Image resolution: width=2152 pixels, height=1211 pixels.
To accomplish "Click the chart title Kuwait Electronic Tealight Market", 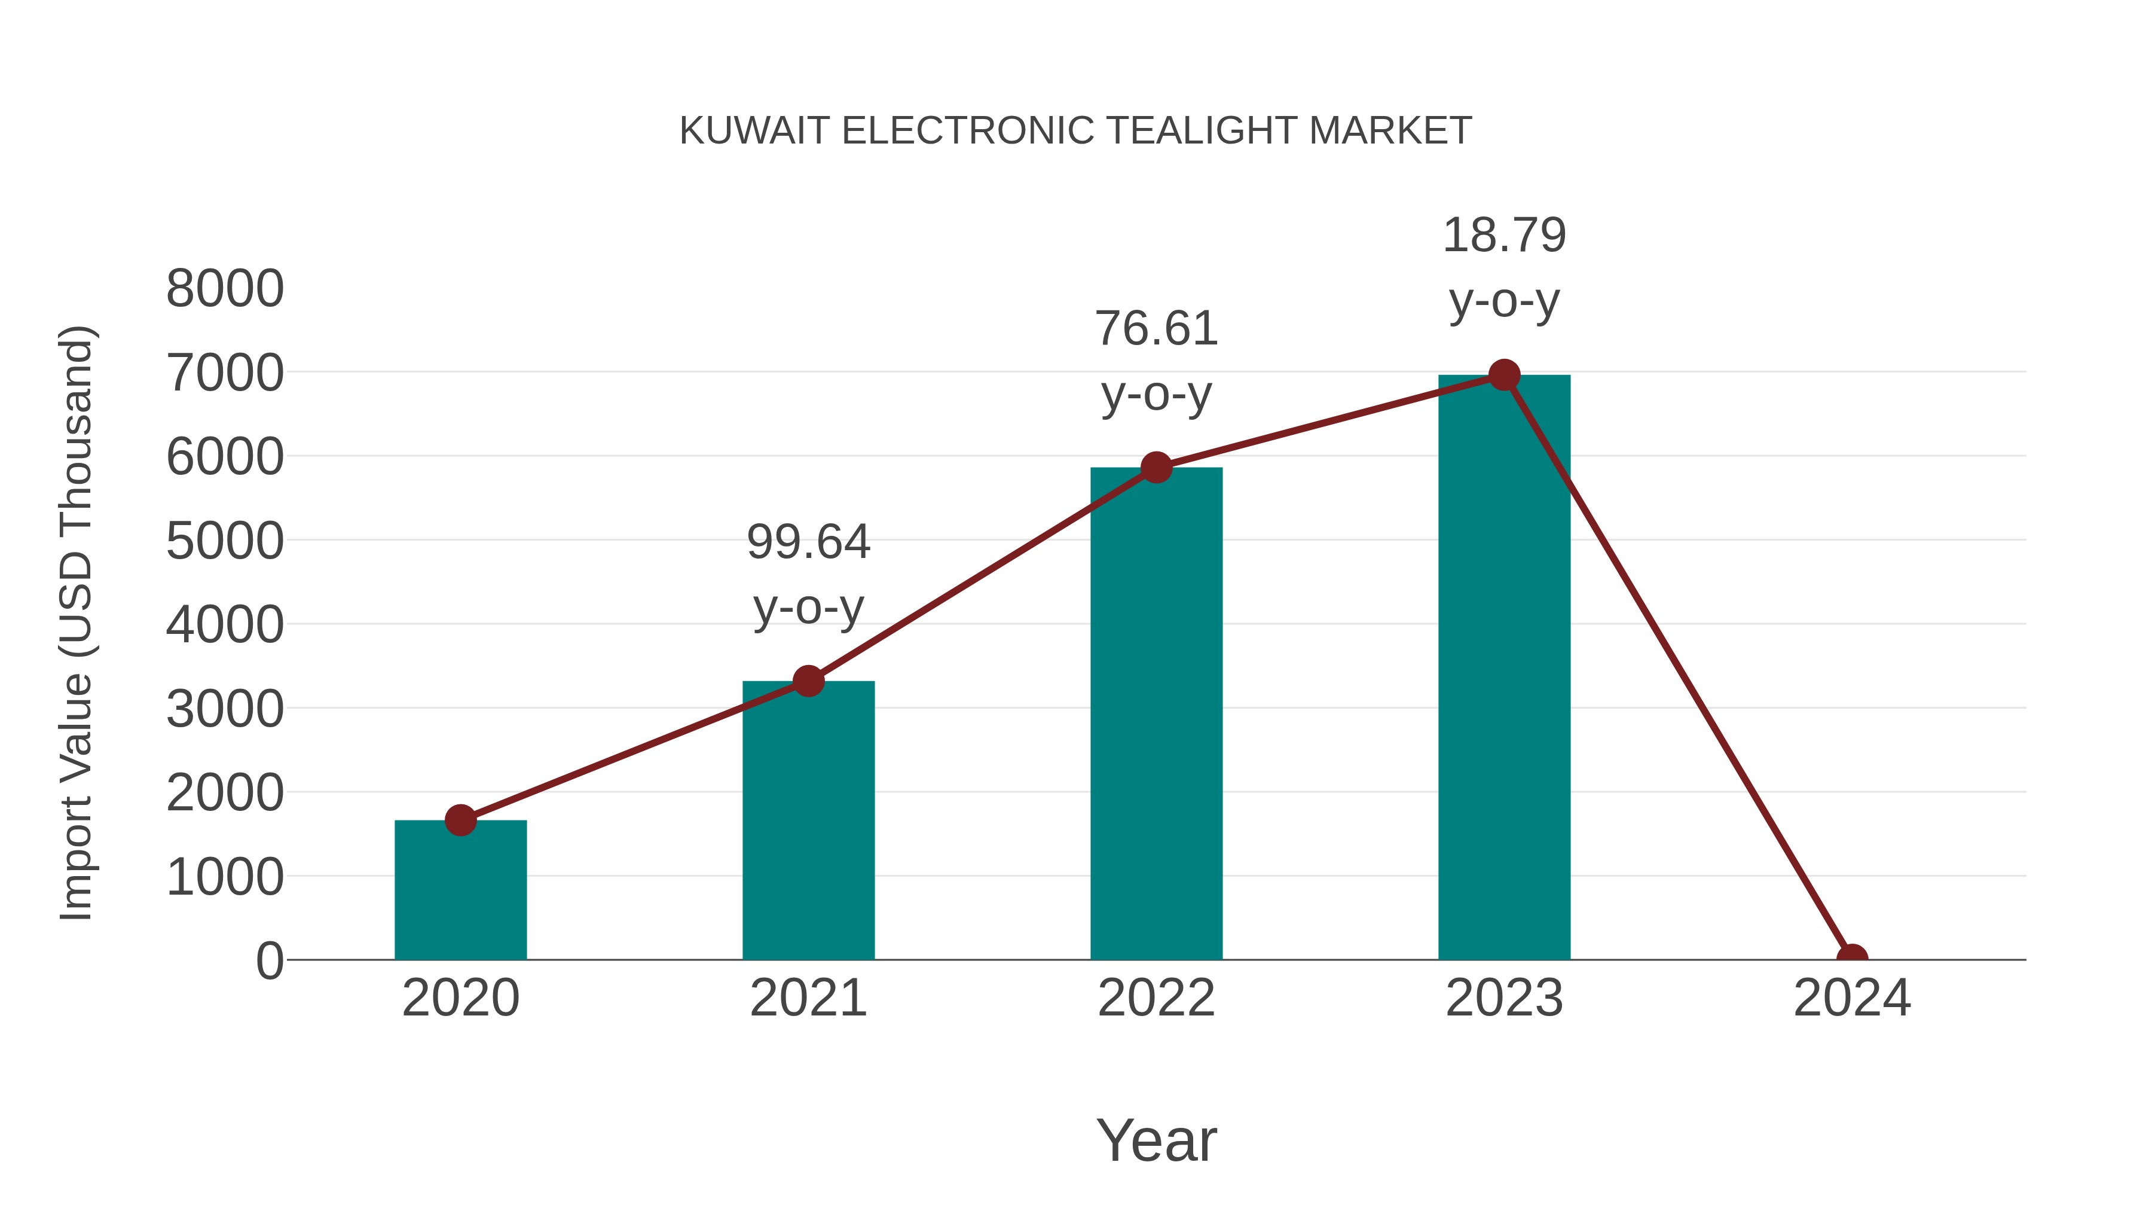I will coord(1075,130).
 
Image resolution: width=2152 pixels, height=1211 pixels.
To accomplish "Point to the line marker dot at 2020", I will coord(460,820).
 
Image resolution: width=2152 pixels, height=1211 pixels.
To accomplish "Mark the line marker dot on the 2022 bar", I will coord(1156,467).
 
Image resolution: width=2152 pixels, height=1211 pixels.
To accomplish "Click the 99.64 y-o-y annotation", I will coord(808,574).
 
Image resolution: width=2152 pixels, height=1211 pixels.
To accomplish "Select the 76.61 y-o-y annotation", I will coord(1156,361).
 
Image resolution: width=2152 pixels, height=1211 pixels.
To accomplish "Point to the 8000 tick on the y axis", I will coord(225,289).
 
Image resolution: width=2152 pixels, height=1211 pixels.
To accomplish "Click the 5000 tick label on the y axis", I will coord(225,542).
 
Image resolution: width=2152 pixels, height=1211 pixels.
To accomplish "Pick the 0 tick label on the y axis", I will coord(269,961).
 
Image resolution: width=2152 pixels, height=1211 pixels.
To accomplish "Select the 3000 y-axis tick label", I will coord(225,709).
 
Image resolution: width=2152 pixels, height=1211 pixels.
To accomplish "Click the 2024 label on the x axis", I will coord(1852,998).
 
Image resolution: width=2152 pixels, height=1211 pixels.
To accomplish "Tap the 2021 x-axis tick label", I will coord(808,998).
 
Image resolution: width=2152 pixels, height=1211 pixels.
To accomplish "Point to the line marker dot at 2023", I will coord(1504,375).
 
